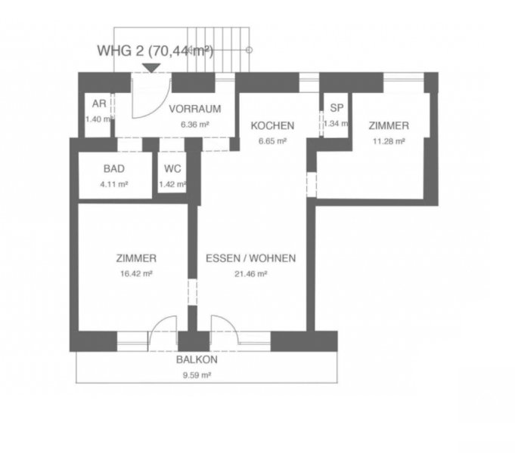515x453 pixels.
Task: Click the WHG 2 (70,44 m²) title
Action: tap(155, 51)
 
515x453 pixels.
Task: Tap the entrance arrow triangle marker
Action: tap(151, 68)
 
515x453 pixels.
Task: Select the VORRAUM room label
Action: tap(195, 109)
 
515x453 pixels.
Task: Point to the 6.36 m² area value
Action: tap(195, 125)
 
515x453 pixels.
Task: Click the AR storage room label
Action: tap(99, 103)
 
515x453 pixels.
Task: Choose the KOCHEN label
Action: tap(272, 125)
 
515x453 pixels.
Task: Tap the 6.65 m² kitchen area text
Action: tap(272, 141)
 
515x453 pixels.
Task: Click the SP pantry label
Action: tap(337, 108)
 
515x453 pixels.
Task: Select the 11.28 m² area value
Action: tap(389, 141)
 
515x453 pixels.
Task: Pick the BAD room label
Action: tap(114, 168)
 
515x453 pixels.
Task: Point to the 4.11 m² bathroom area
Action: tap(114, 184)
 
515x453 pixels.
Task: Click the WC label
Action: tap(172, 168)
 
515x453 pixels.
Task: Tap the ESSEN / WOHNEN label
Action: tap(250, 258)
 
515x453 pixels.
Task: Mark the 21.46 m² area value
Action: tap(250, 274)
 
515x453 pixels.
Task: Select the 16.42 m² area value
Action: tap(136, 273)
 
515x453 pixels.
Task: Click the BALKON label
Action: tap(197, 359)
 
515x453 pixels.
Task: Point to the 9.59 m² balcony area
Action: tap(197, 375)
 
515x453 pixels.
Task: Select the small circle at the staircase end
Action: tap(250, 50)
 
